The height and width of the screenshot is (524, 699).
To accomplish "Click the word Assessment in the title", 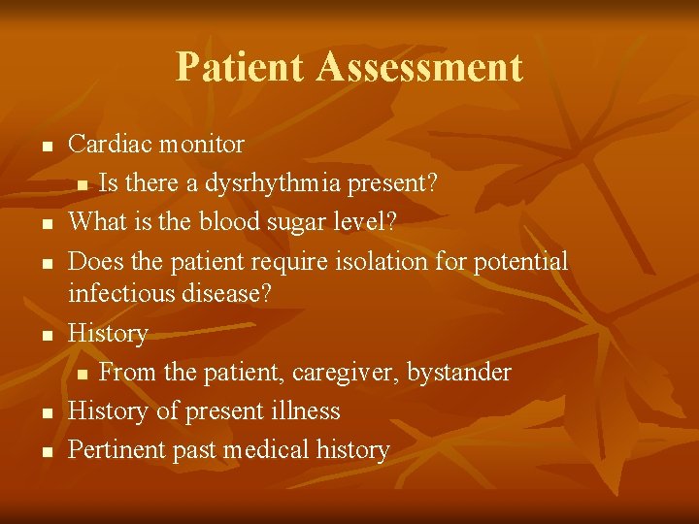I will (419, 67).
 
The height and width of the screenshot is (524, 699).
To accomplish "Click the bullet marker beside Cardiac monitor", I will (45, 147).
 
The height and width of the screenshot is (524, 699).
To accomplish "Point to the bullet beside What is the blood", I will (45, 225).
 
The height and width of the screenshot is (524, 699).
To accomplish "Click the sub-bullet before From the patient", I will (83, 376).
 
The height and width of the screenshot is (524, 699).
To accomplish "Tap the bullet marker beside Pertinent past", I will (45, 453).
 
